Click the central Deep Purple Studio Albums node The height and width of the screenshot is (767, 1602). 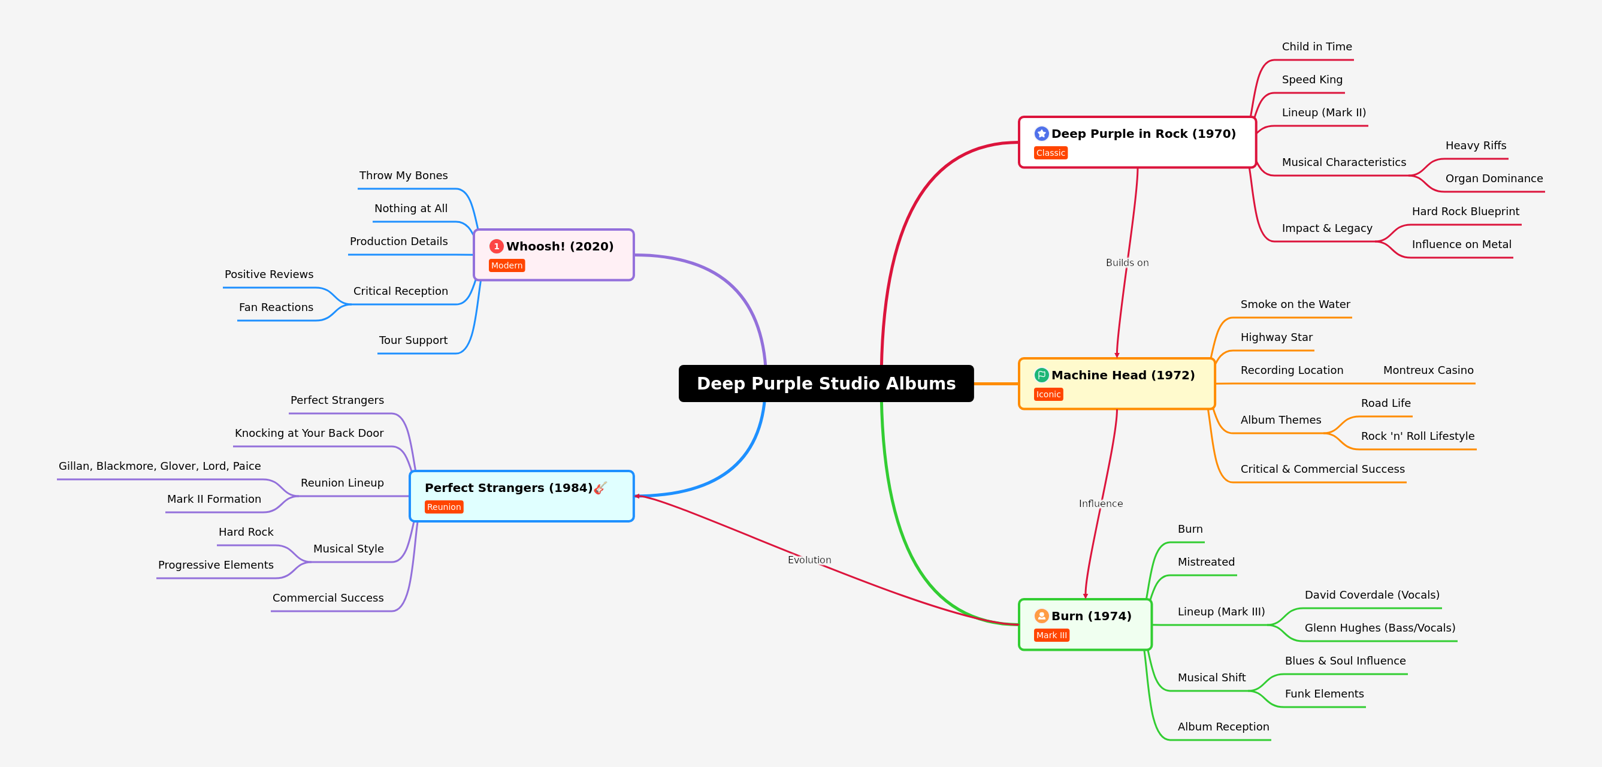[x=826, y=383]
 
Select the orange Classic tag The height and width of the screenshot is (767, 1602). [x=1050, y=153]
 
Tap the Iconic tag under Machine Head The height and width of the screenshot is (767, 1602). [x=1048, y=394]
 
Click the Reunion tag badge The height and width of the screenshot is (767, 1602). [x=443, y=507]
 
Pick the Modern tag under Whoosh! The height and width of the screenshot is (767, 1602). [x=506, y=265]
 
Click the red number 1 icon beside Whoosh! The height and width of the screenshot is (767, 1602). [x=496, y=246]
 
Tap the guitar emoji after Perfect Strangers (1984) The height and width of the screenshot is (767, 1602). [x=600, y=488]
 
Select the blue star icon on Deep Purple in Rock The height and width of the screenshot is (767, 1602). [x=1041, y=134]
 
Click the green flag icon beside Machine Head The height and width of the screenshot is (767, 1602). [x=1041, y=375]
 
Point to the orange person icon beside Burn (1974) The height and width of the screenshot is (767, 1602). [x=1041, y=616]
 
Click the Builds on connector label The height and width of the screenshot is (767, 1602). [x=1127, y=262]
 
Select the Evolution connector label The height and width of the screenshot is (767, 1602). [x=809, y=560]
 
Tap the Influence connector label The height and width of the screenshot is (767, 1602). [x=1100, y=503]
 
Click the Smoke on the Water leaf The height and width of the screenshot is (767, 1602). [x=1295, y=304]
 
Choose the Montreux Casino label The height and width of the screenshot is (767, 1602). [x=1428, y=370]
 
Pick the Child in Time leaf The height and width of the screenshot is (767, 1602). [x=1317, y=47]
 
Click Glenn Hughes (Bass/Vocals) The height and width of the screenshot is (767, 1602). [x=1379, y=627]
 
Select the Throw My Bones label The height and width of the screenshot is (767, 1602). [x=403, y=176]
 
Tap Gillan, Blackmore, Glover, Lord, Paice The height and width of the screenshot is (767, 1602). [x=159, y=466]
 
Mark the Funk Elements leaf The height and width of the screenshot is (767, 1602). [x=1324, y=694]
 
